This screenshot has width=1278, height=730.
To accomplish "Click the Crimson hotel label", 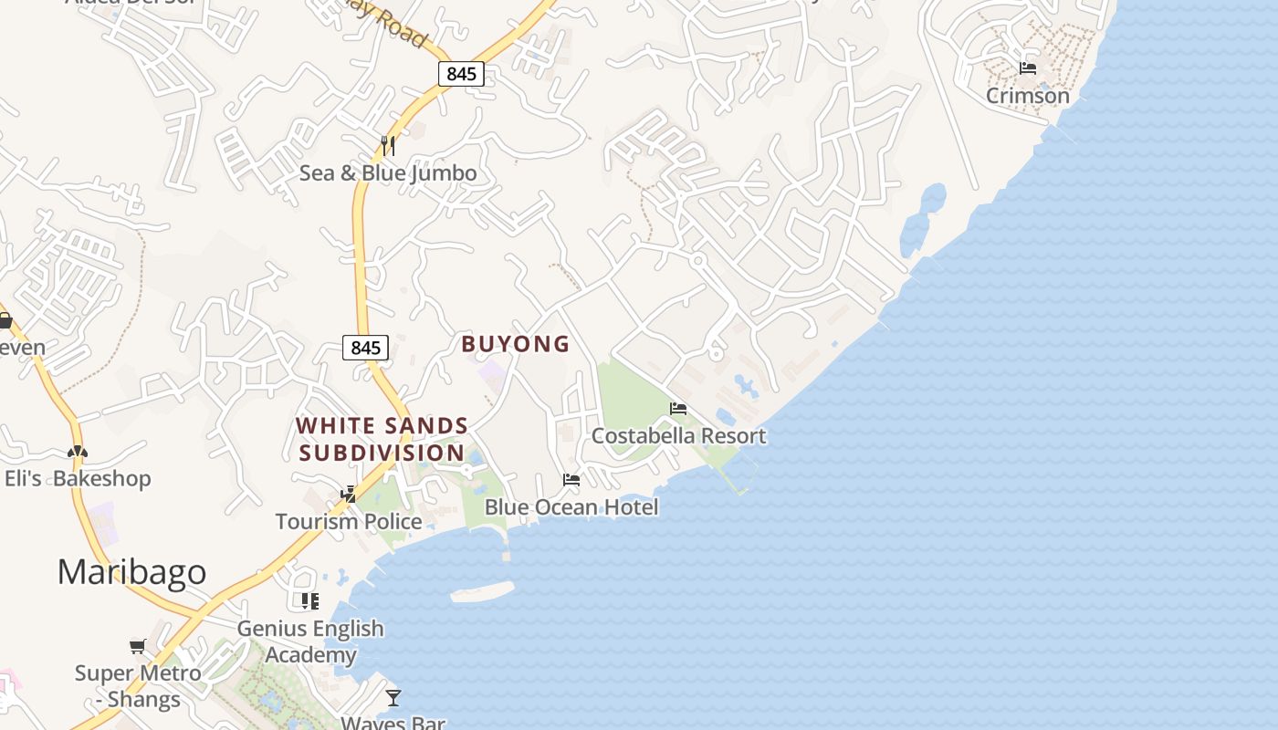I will click(x=1027, y=96).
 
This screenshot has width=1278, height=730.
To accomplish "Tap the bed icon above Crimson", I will click(x=1028, y=68).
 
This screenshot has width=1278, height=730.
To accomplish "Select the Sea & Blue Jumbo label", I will click(x=388, y=172).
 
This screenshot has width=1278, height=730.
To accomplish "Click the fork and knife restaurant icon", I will click(x=388, y=145).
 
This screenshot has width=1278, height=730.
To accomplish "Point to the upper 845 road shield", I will click(x=461, y=74).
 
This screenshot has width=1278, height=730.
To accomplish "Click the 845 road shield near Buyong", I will click(x=365, y=348).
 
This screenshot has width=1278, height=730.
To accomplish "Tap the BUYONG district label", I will click(x=515, y=344).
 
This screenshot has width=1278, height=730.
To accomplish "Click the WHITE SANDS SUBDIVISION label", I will click(x=382, y=439).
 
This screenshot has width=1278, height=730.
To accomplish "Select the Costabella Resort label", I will click(x=678, y=436).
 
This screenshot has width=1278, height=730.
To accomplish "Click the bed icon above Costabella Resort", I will click(x=678, y=409).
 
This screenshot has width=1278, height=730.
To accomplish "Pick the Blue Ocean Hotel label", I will click(x=571, y=507).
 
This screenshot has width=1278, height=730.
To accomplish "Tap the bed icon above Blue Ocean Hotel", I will click(x=571, y=480).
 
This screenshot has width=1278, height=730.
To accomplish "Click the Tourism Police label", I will click(x=349, y=522).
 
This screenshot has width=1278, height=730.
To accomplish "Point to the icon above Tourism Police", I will click(x=348, y=495).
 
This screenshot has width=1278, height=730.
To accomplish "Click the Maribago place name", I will click(x=131, y=572).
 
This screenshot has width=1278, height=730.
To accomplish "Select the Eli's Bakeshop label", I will click(x=78, y=478).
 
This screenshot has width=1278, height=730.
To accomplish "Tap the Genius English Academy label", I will click(x=310, y=641).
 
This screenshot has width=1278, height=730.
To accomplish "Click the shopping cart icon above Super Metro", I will click(x=138, y=647).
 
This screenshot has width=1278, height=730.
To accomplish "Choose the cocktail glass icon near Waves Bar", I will click(x=393, y=698).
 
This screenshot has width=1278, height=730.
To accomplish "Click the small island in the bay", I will click(x=482, y=592).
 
